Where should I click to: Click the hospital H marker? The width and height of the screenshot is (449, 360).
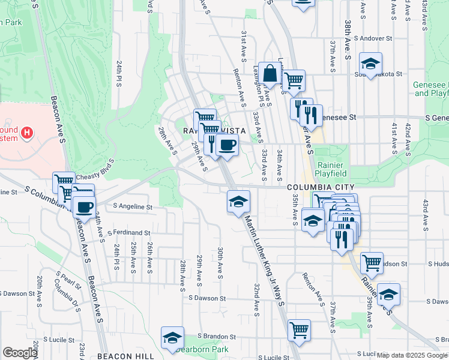point(27,133)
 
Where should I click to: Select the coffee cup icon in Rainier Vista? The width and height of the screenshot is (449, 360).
point(227,145)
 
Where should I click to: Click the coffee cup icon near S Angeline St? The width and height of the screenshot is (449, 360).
point(83,208)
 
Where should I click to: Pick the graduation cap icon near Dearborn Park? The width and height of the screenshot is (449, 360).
point(172,338)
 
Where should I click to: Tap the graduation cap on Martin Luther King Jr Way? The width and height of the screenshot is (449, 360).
point(238,201)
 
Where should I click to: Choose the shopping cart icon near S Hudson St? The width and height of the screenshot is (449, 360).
point(372,262)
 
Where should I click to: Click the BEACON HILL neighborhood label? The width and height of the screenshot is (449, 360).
point(125,356)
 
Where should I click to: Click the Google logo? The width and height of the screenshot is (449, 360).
point(20,353)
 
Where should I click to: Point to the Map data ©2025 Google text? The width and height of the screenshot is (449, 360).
point(411,355)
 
